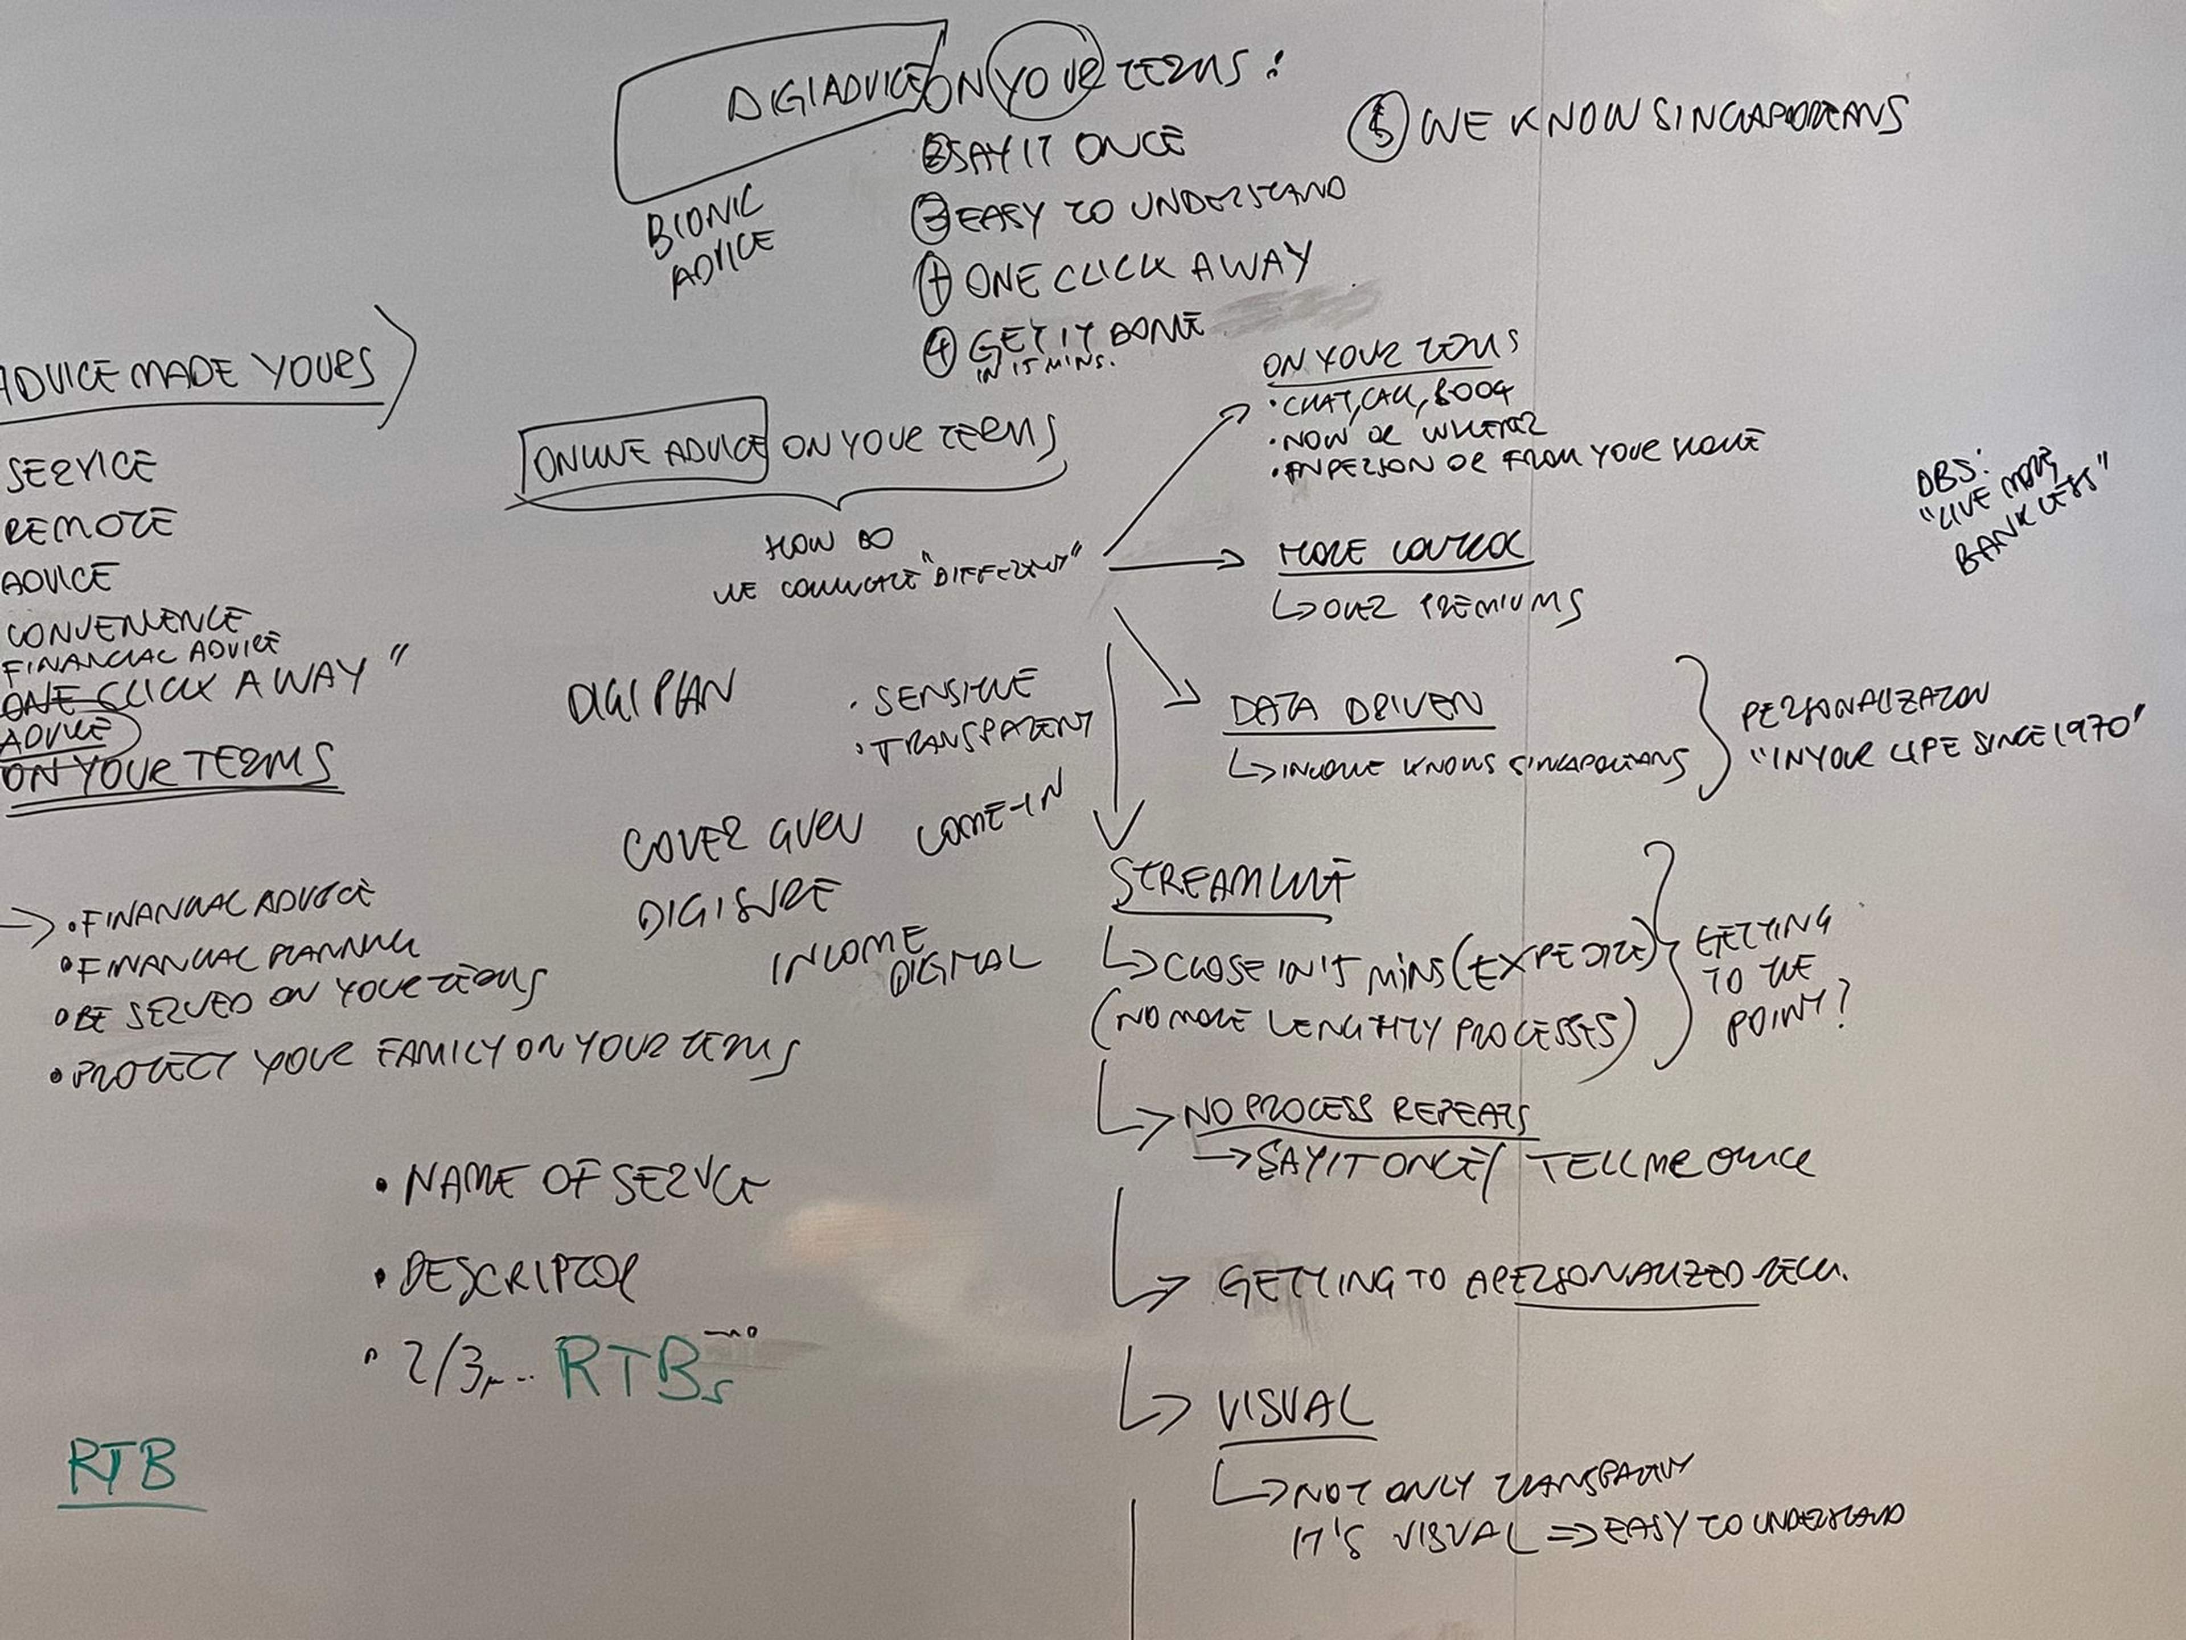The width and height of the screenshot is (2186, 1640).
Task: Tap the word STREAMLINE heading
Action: point(1230,883)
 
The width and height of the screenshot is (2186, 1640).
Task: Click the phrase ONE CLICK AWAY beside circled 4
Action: point(1136,271)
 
